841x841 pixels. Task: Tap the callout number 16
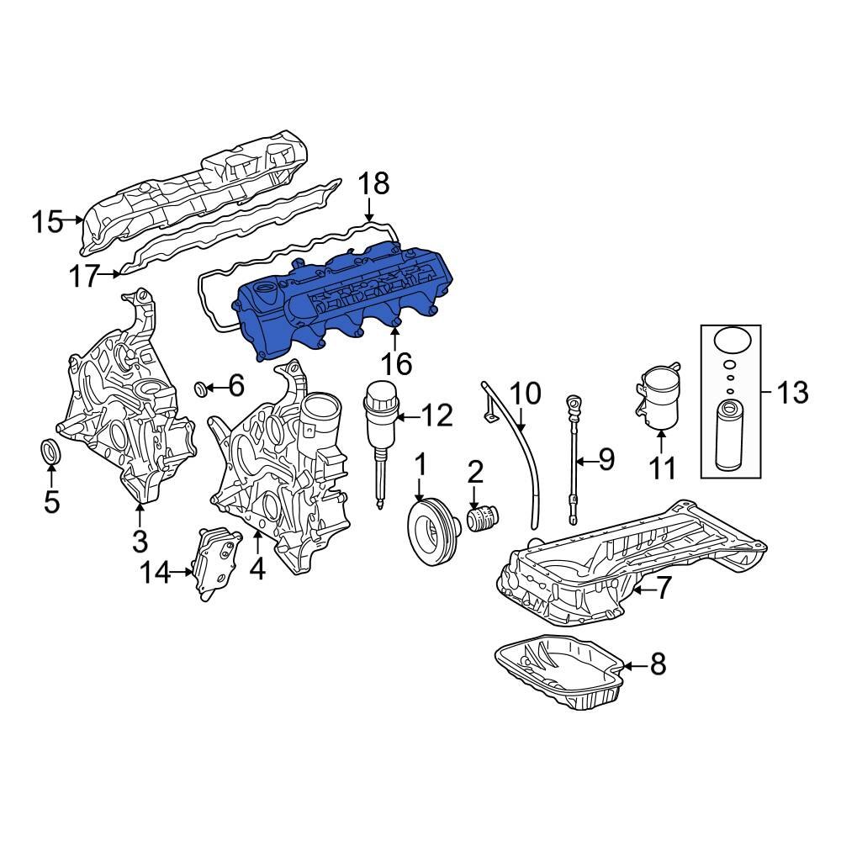click(395, 364)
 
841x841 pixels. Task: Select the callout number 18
click(374, 184)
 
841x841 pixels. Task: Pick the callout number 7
click(664, 589)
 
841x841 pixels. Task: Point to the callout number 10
click(527, 393)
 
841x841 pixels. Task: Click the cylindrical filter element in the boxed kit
click(731, 435)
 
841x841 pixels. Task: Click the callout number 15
click(47, 223)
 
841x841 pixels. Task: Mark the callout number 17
click(84, 276)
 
